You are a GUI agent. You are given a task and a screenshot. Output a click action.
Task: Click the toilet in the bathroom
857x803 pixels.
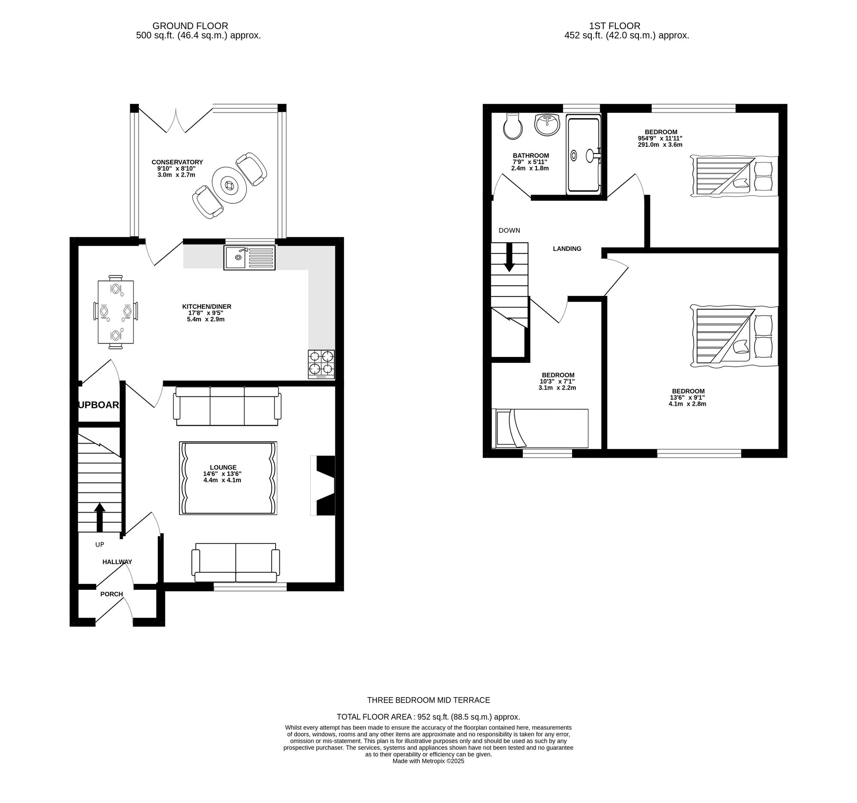[513, 127]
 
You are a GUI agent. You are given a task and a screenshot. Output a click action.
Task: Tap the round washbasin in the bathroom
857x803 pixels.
[547, 124]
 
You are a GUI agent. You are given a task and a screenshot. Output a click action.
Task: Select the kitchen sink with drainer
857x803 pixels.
[249, 258]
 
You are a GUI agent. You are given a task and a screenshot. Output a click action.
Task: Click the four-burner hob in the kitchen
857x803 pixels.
[321, 364]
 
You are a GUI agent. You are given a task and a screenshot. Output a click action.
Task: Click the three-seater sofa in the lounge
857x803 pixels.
[227, 406]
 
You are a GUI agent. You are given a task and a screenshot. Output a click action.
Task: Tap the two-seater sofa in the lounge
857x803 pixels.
[236, 563]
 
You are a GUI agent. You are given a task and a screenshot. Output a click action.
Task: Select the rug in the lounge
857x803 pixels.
[228, 478]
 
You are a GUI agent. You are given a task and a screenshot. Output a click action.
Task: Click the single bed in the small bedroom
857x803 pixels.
[540, 429]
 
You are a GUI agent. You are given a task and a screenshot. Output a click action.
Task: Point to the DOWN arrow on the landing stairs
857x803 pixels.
[509, 257]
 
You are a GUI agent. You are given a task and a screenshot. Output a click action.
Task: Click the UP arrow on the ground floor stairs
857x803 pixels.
[99, 517]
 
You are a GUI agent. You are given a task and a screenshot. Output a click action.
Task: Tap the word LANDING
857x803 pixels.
[567, 248]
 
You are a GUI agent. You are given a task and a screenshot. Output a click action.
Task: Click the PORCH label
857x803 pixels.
[112, 594]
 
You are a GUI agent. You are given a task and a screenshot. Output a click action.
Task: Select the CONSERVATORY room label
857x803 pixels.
[177, 162]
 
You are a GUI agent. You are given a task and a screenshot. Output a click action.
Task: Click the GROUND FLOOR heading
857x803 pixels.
[190, 26]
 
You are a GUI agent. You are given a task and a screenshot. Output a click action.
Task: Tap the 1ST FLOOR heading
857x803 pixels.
[615, 26]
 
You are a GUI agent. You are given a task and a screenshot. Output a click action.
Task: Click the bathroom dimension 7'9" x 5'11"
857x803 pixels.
[530, 162]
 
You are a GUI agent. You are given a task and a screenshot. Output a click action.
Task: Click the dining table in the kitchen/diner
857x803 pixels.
[116, 312]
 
